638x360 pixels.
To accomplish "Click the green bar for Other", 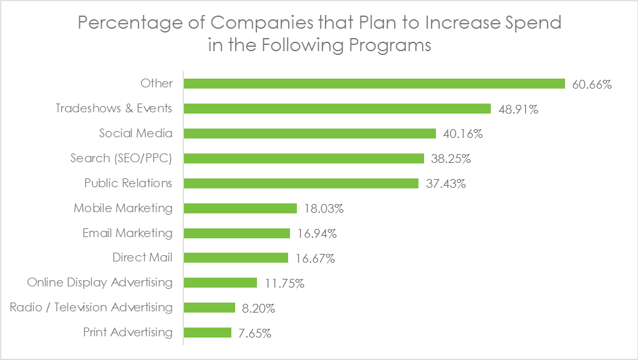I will pyautogui.click(x=374, y=84).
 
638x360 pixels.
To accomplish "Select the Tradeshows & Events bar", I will pyautogui.click(x=337, y=109).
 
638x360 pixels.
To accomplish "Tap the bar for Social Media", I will pyautogui.click(x=310, y=134).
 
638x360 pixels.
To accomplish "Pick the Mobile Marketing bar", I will pyautogui.click(x=240, y=208).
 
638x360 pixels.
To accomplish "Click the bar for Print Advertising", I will pyautogui.click(x=208, y=333).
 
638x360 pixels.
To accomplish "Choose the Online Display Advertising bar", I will pyautogui.click(x=220, y=283).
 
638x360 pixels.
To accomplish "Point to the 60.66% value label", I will pyautogui.click(x=592, y=84).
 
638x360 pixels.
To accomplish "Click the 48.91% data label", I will pyautogui.click(x=518, y=109).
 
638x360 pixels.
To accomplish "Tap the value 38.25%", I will pyautogui.click(x=450, y=158).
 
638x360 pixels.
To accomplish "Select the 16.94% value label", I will pyautogui.click(x=317, y=233).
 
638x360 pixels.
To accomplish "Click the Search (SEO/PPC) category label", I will pyautogui.click(x=121, y=158).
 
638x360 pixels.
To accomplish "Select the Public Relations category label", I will pyautogui.click(x=128, y=183).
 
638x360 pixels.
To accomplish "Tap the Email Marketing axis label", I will pyautogui.click(x=127, y=233).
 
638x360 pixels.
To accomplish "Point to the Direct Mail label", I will pyautogui.click(x=142, y=258).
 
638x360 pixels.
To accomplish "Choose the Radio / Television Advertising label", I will pyautogui.click(x=91, y=308).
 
